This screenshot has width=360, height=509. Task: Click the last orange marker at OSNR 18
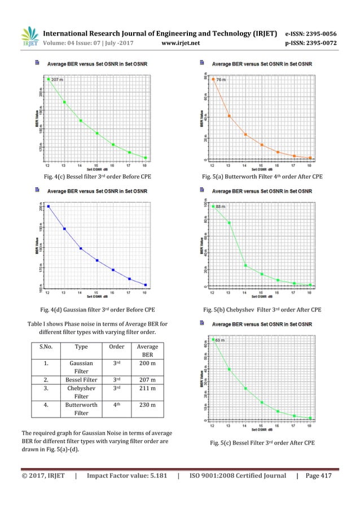pos(310,158)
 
